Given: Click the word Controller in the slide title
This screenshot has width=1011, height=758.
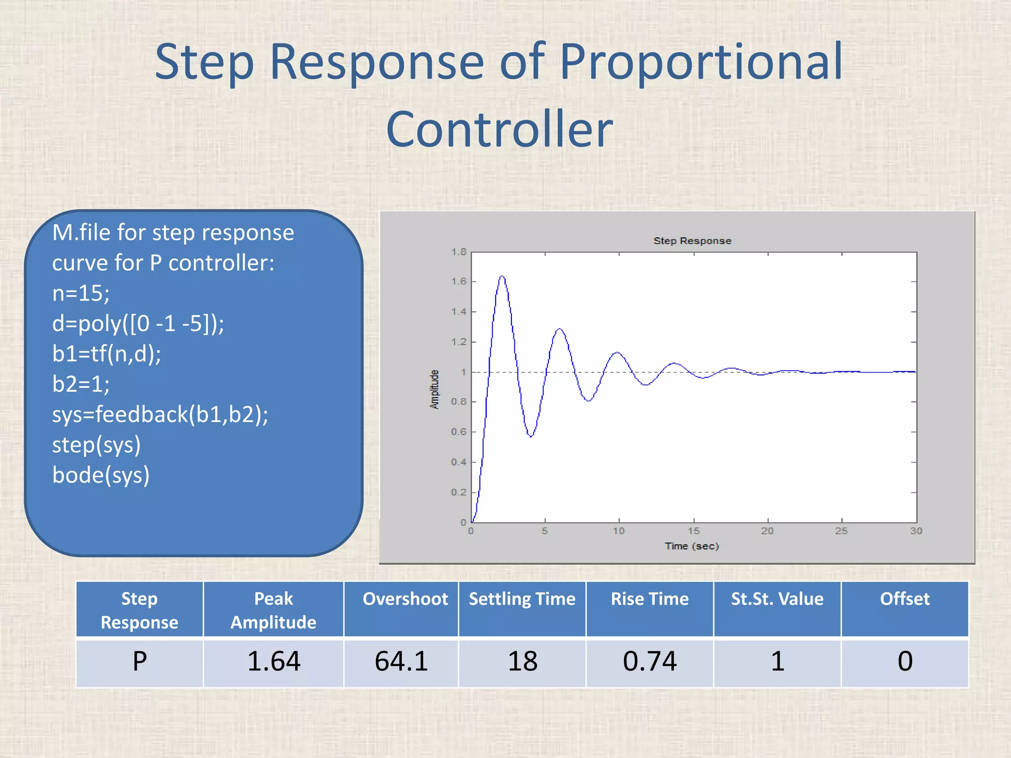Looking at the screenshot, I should pos(499,129).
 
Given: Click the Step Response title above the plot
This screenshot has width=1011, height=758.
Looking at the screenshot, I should pos(692,241).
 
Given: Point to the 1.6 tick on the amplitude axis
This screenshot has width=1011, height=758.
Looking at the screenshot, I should pos(459,281).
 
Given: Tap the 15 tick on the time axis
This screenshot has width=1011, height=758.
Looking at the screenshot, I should pos(694,531).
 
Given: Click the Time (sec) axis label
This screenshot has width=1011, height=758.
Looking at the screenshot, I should pos(692,546).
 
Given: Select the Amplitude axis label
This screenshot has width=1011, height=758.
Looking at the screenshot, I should pos(434,389).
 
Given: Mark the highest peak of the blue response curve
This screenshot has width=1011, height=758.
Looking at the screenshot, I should pos(502,276).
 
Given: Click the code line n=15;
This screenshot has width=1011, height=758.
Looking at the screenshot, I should pos(81,293).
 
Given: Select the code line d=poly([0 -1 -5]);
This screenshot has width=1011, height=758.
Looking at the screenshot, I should pos(138,324).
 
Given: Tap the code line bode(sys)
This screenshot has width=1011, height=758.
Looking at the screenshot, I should pos(101,475).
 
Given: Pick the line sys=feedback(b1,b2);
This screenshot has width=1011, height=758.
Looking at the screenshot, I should pos(160,415).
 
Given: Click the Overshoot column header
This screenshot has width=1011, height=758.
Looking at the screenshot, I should pos(405,599).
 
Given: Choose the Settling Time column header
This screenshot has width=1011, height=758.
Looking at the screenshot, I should pos(522,599).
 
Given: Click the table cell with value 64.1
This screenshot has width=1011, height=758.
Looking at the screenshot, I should pos(401,661).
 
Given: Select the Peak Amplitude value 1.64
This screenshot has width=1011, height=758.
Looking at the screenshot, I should pos(273,661).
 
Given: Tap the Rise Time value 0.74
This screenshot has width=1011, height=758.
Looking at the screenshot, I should pos(650,661).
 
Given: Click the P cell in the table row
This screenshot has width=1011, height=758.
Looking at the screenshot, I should pos(140,661).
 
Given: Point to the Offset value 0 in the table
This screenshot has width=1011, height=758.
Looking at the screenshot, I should pos(905,661).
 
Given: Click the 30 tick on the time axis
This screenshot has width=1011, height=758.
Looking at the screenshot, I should pos(916,531).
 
